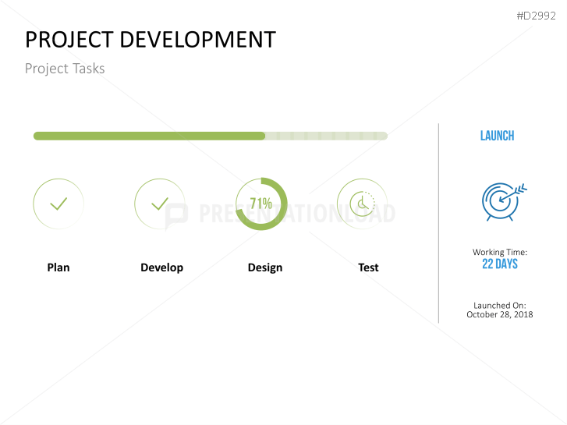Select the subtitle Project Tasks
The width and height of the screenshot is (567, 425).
(x=65, y=69)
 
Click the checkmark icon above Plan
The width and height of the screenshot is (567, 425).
(x=58, y=204)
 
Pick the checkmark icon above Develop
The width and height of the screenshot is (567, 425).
(x=160, y=204)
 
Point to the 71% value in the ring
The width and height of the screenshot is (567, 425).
(x=260, y=204)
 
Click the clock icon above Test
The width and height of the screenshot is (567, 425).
(x=362, y=204)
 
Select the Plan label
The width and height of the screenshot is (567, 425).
(x=58, y=267)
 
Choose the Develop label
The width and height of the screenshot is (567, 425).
(x=161, y=267)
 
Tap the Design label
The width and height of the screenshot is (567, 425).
(x=265, y=267)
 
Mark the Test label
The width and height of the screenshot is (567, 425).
(x=368, y=267)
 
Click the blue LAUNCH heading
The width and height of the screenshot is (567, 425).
(x=497, y=136)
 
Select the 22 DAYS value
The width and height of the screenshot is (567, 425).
(x=500, y=264)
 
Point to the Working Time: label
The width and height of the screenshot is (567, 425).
(x=500, y=253)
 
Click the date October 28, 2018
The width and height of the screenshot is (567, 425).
(x=500, y=315)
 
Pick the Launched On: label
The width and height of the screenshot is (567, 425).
(x=500, y=306)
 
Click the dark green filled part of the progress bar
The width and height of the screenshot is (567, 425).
(x=148, y=136)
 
